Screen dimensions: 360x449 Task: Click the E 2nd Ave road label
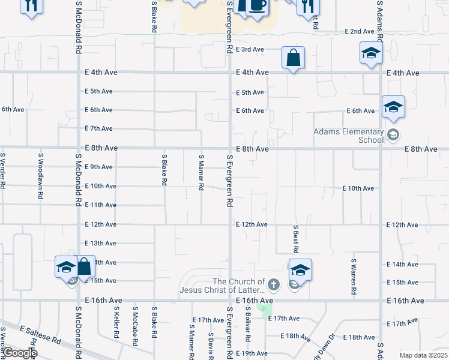(x=359, y=31)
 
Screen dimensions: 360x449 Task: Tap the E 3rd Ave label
(x=250, y=49)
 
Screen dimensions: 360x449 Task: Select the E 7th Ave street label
(x=99, y=128)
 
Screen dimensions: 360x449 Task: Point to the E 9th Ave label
(x=99, y=167)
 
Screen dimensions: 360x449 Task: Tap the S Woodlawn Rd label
(x=41, y=172)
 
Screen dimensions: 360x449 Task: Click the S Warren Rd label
(x=354, y=277)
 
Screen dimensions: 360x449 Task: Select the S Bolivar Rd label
(x=247, y=325)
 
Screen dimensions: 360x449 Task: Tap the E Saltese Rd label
(x=41, y=335)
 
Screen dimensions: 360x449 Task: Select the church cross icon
(x=274, y=283)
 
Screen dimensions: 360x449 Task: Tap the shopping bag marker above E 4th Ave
(x=294, y=58)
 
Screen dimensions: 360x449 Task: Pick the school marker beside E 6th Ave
(x=393, y=107)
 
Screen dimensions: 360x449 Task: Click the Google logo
(x=19, y=353)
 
